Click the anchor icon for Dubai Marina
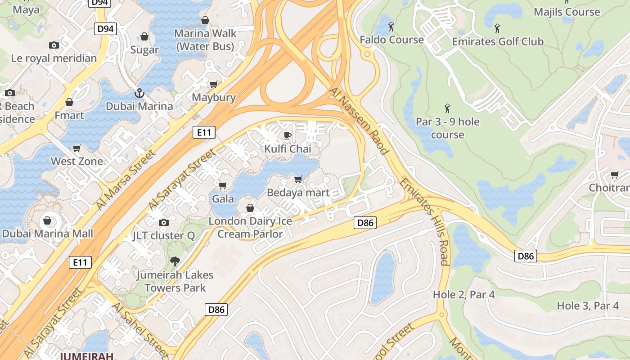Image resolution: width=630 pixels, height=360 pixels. tap(139, 93)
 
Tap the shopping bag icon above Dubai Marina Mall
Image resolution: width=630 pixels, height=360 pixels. tap(47, 220)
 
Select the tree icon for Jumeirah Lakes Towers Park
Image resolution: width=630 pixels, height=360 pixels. tap(175, 261)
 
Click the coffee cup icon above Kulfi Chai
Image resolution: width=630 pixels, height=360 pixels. tap(288, 135)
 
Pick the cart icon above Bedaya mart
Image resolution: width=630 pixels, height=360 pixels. tap(298, 180)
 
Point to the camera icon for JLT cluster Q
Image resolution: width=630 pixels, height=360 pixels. tap(164, 222)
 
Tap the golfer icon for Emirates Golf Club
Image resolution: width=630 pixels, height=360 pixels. tap(497, 28)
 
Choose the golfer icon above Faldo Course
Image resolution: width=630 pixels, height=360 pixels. tap(391, 27)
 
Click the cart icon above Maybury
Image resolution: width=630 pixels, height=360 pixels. tap(213, 84)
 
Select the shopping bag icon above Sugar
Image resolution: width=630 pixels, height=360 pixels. tap(144, 36)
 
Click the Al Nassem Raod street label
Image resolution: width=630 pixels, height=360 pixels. tap(359, 121)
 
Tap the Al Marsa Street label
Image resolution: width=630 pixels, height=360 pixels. tap(126, 180)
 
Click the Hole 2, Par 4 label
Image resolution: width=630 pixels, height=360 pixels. tap(463, 295)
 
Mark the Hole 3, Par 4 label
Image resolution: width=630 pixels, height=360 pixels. tap(588, 306)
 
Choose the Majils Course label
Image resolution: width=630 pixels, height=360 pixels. tap(567, 12)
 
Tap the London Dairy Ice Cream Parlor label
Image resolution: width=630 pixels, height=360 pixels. tap(250, 228)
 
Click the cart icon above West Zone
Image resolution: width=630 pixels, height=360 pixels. tap(77, 148)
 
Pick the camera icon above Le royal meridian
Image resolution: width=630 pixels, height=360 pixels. tap(54, 45)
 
